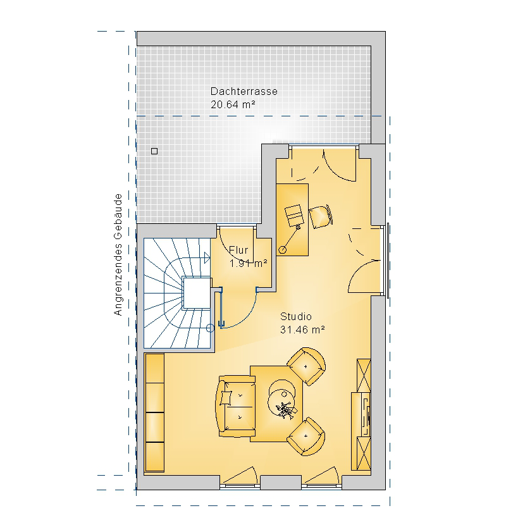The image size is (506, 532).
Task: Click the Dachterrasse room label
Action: point(244,91)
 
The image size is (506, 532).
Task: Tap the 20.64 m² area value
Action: point(233,104)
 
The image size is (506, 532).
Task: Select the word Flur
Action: point(238,250)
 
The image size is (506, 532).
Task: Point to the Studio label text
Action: point(296,316)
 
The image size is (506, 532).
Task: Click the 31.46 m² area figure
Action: point(302,330)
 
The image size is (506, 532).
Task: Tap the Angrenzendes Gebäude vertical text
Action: point(118,255)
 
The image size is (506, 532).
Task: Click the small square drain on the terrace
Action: point(154,151)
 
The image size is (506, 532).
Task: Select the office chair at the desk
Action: point(320,216)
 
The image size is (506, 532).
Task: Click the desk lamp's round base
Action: point(282,250)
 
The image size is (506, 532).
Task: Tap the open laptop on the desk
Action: point(294,215)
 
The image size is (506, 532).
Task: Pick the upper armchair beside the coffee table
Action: point(306,366)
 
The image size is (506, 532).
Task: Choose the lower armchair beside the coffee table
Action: point(306,436)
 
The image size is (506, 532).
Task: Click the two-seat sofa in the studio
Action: point(235,405)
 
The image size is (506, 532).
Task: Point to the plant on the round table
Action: point(284,409)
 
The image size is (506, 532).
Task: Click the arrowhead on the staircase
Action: point(207,258)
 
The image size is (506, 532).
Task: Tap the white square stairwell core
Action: point(197,293)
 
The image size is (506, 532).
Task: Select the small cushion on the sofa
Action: point(226,398)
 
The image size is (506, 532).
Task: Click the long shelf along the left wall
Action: point(154,412)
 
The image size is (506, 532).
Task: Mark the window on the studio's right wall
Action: point(387,261)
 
